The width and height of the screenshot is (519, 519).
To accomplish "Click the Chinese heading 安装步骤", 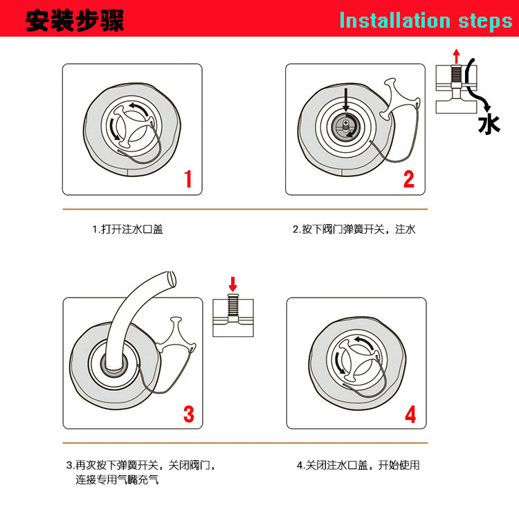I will pos(74,19).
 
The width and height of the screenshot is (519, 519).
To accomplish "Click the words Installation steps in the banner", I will pos(425,20).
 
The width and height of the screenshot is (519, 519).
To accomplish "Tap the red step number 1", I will pos(187,179).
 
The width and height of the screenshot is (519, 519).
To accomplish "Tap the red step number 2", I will pos(408,179).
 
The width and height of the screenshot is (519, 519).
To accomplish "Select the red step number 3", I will pos(188,413).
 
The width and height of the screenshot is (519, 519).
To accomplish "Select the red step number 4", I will pos(410,414).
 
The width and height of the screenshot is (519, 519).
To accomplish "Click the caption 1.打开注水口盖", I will pos(128,229).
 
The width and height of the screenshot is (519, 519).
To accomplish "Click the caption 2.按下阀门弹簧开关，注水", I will pos(354,229).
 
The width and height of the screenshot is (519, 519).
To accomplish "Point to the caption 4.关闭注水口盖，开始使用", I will pos(358,465).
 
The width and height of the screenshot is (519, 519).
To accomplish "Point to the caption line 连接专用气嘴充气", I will pos(117,479).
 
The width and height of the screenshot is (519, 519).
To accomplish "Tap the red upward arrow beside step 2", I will pos(455,55).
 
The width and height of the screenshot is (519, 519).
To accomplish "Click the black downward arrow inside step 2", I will pos(345,102).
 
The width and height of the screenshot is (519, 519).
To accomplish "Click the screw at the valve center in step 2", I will pos(345,125).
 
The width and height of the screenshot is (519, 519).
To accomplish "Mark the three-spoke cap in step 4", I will pos(355,357).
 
